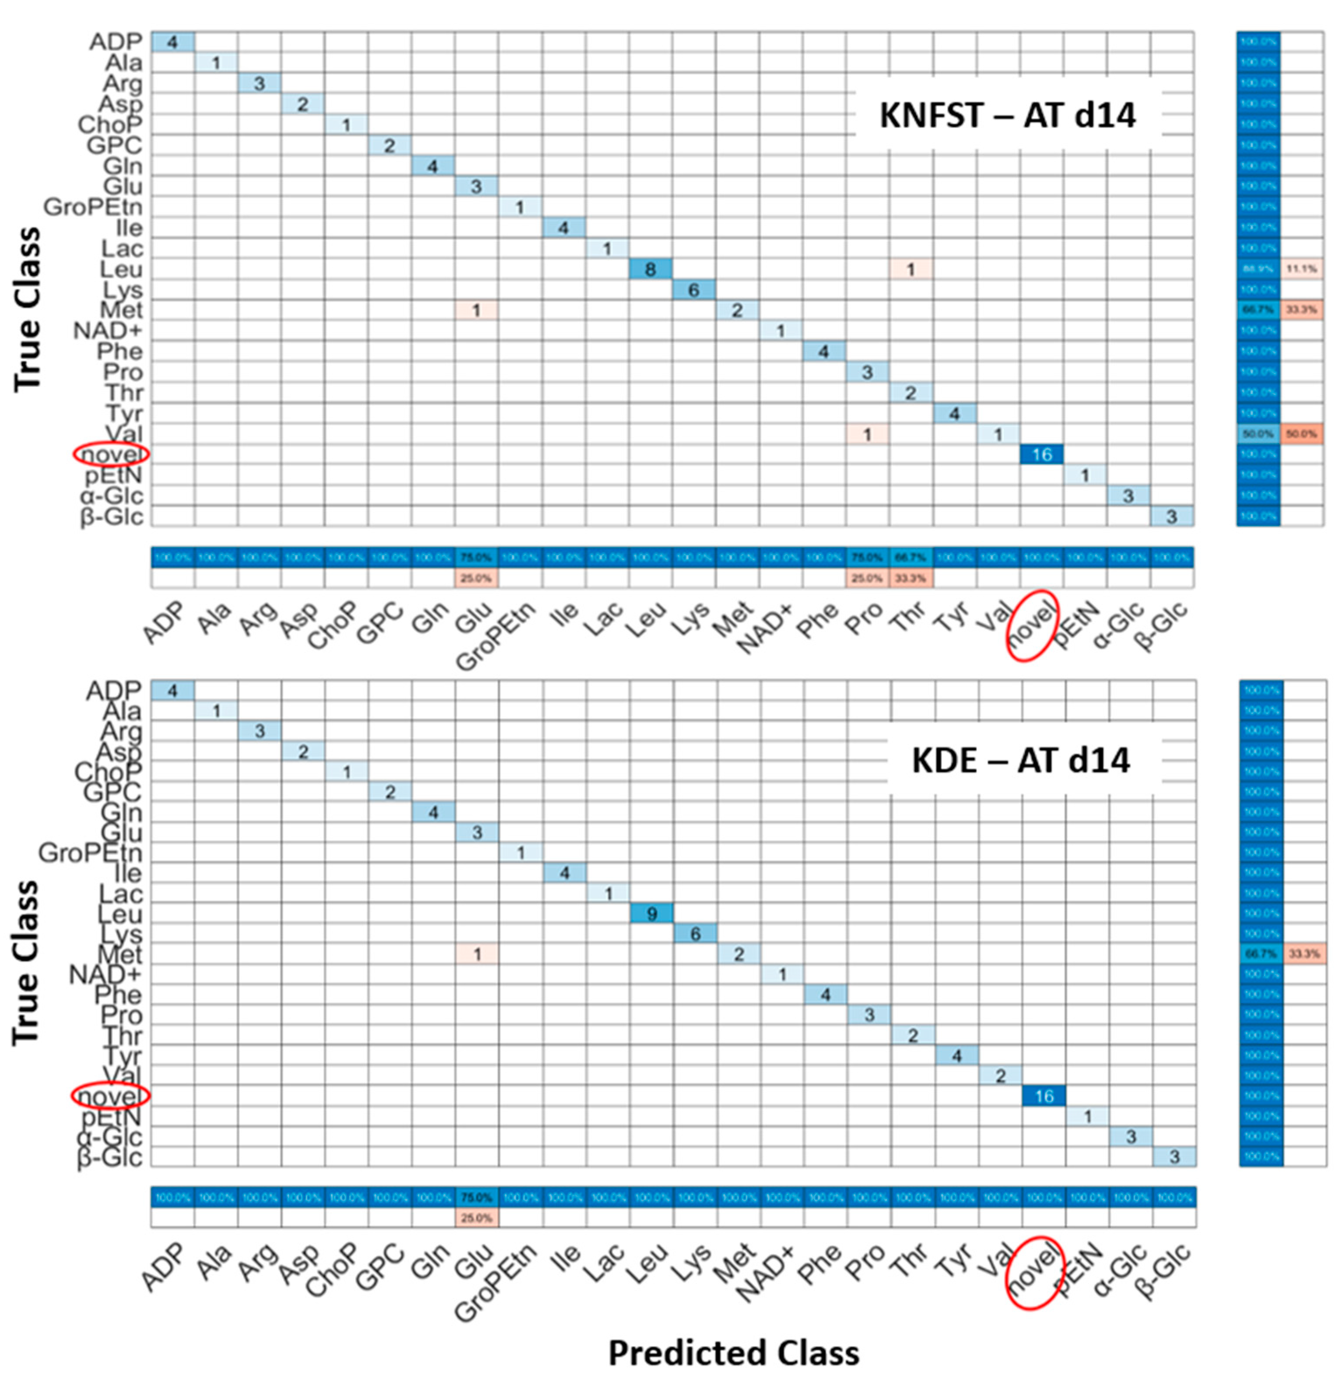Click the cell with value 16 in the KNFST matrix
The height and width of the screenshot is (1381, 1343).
point(1042,455)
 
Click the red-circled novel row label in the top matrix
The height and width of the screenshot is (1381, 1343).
point(111,455)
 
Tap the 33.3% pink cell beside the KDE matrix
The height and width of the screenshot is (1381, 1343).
point(1304,954)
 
